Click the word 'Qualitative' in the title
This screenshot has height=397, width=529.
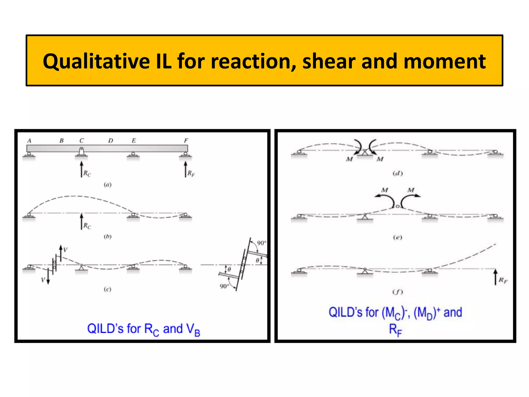pos(96,62)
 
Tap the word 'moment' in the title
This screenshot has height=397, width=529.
pos(444,61)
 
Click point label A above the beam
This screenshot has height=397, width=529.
pos(29,141)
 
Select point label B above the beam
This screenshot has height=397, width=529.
pos(61,141)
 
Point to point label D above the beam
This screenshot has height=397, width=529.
pos(111,141)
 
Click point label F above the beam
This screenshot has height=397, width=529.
pos(186,141)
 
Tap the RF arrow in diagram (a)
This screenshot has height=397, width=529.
pos(185,169)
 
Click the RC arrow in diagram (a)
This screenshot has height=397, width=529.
pos(82,169)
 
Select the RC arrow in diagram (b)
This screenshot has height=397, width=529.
pos(82,221)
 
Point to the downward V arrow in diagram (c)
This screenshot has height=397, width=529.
pos(48,277)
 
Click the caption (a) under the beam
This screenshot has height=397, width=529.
pos(107,185)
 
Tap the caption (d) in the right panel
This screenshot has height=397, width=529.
pos(398,173)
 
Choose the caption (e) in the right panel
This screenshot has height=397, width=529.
pos(398,237)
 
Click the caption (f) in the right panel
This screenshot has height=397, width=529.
pos(398,292)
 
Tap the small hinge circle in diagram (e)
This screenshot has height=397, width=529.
pos(398,206)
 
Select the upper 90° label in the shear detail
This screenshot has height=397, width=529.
pos(261,243)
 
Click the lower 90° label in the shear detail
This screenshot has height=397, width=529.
pos(224,286)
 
